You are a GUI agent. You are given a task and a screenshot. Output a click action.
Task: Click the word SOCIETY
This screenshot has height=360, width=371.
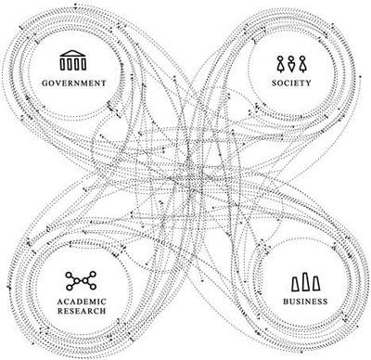point(290,83)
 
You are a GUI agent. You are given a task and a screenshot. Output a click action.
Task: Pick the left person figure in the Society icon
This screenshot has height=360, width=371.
point(279,63)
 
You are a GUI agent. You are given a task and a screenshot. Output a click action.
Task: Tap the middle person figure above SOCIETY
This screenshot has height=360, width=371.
point(290,63)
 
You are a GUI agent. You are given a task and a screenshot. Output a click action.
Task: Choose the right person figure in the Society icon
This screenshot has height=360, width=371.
point(301,63)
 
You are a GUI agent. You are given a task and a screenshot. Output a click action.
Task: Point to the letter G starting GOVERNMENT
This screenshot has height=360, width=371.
point(45,83)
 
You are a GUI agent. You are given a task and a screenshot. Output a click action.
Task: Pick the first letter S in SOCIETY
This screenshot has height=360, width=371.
point(273,83)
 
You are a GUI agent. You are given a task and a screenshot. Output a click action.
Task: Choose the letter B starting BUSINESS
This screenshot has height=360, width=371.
point(281,302)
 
